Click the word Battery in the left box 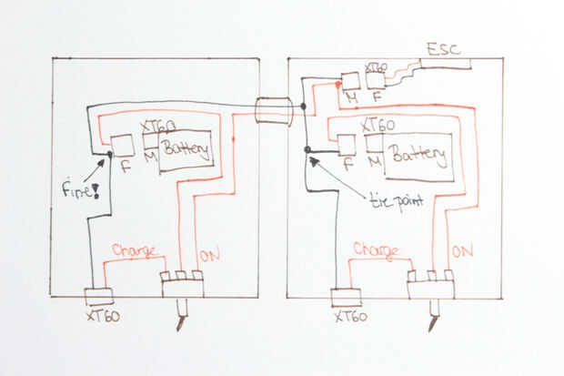point(187,147)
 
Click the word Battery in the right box point(418,154)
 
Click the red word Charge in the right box point(376,249)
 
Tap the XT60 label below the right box point(350,317)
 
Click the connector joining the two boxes point(274,111)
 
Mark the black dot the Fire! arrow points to point(110,155)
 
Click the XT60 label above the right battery point(378,126)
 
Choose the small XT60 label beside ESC point(376,68)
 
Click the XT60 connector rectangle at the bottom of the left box point(98,297)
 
